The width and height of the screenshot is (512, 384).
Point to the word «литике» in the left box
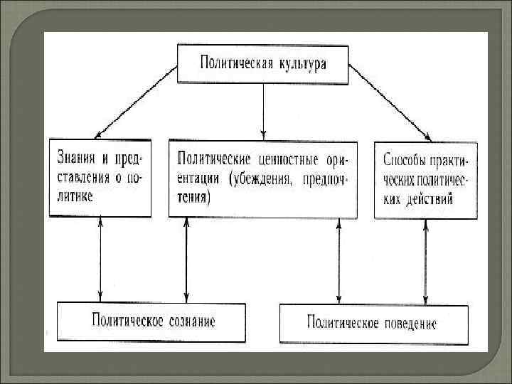click(x=75, y=195)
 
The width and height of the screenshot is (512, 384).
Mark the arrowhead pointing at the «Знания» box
click(x=100, y=132)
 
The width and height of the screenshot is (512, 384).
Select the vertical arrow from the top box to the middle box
click(x=264, y=110)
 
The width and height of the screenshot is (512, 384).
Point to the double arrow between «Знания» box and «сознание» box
click(x=100, y=260)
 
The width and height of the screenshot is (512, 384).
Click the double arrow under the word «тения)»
click(x=186, y=260)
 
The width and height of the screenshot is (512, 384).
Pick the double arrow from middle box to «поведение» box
click(x=338, y=260)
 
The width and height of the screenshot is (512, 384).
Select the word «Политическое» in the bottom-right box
click(x=335, y=324)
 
